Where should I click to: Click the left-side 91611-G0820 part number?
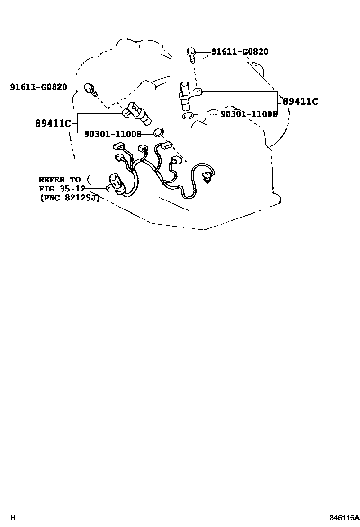pyautogui.click(x=38, y=87)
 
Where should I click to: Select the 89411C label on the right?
pyautogui.click(x=300, y=101)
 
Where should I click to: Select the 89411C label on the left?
pyautogui.click(x=53, y=124)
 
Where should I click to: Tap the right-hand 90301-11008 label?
pyautogui.click(x=249, y=114)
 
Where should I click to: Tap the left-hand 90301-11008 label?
pyautogui.click(x=113, y=134)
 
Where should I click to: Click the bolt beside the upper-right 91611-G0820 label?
pyautogui.click(x=192, y=55)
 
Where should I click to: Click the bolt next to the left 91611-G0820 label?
pyautogui.click(x=90, y=89)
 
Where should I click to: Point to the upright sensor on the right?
pyautogui.click(x=186, y=96)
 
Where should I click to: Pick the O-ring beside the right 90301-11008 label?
pyautogui.click(x=187, y=115)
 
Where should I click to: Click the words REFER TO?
pyautogui.click(x=60, y=180)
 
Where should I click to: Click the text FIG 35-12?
pyautogui.click(x=62, y=189)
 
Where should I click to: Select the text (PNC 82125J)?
pyautogui.click(x=69, y=198)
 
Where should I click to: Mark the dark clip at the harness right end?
pyautogui.click(x=206, y=179)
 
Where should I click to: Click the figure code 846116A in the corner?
pyautogui.click(x=344, y=518)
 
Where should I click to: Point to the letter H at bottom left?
pyautogui.click(x=13, y=518)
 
